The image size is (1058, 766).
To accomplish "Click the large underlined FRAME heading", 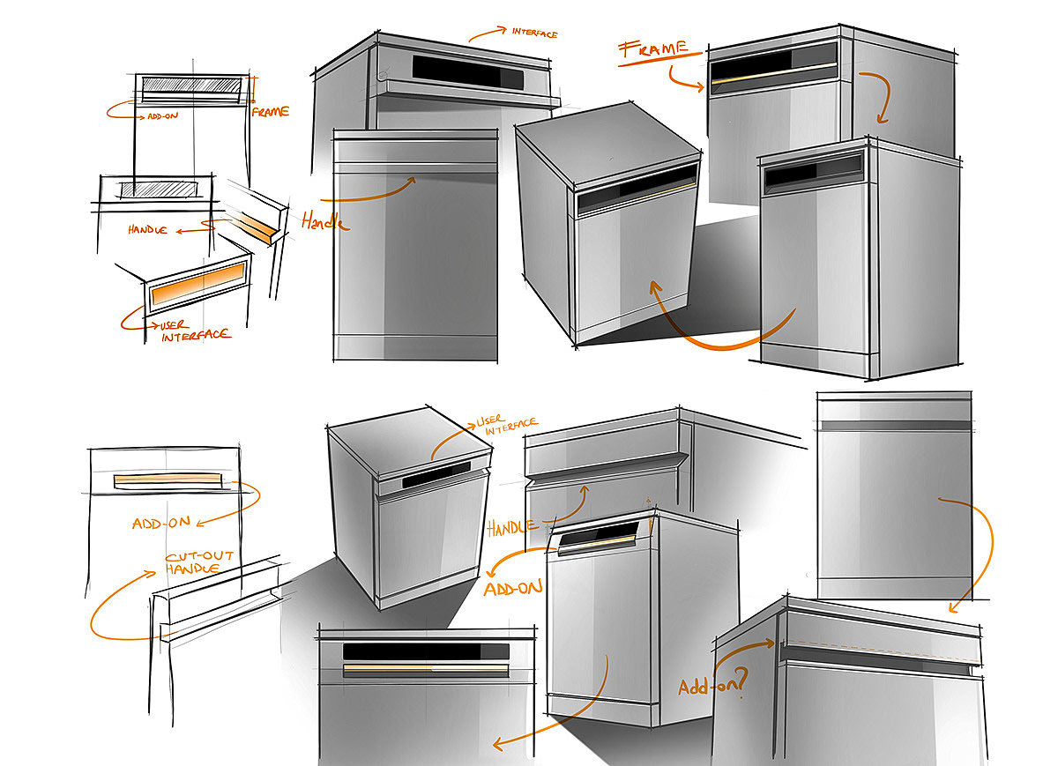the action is click(x=654, y=49).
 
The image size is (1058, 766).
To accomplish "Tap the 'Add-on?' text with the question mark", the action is click(x=713, y=683).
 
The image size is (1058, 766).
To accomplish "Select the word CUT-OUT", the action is click(x=199, y=556).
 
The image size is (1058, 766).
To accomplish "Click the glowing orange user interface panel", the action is click(x=198, y=284).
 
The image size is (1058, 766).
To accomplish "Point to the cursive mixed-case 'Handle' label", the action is click(x=325, y=221).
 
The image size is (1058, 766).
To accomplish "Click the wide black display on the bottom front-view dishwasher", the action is click(x=426, y=651).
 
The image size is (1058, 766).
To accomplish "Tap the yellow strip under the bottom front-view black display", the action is click(x=425, y=668).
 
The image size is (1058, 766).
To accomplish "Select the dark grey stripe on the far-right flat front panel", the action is click(x=896, y=426).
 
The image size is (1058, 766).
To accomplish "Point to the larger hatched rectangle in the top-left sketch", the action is click(x=191, y=85).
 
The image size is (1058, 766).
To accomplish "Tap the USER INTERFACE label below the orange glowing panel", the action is click(x=195, y=331).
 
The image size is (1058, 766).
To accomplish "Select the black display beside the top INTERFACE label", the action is click(x=467, y=73).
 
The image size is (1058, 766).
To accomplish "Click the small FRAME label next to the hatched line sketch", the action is click(x=270, y=112).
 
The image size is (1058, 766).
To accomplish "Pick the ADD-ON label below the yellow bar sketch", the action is click(x=161, y=524).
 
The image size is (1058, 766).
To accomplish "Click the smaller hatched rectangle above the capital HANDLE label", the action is click(x=158, y=190).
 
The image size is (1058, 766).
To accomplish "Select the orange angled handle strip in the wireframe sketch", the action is click(x=254, y=227).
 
